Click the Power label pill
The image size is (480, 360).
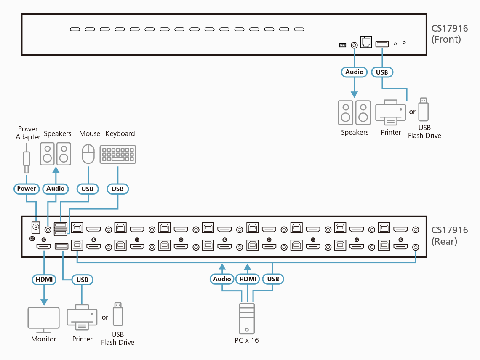coord(27,189)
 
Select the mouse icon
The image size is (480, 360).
coord(88,154)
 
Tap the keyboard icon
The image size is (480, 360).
coord(118,155)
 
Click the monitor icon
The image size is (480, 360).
coord(43,318)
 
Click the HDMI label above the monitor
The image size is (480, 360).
coord(43,279)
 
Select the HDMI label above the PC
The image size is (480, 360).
coord(248,279)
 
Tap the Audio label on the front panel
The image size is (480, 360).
coord(354,72)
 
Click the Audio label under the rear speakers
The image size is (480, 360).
coord(56,189)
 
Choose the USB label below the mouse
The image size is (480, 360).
coord(88,189)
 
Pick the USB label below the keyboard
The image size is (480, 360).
coord(117,189)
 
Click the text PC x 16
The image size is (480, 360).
coord(247,340)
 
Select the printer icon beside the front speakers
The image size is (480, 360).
coord(391,112)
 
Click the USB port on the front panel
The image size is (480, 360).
coord(382,44)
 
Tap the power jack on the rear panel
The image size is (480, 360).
coord(36,227)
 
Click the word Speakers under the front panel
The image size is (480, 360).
coord(355,132)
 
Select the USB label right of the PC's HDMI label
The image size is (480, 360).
coord(273,279)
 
